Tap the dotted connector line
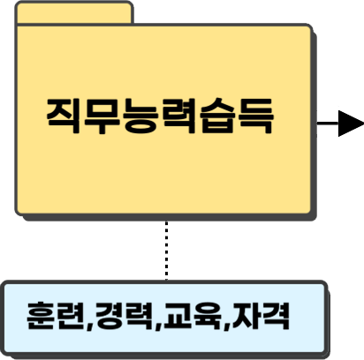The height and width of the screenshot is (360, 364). point(166,251)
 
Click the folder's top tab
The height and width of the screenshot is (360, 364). point(74,12)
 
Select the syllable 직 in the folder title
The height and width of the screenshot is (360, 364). point(63,116)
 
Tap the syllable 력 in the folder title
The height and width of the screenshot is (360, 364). point(178,116)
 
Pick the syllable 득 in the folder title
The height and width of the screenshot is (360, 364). point(255,116)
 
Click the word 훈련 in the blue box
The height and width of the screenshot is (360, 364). point(57,316)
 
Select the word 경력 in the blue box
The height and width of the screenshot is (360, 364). point(125,316)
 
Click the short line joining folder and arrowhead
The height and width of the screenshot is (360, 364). point(328,124)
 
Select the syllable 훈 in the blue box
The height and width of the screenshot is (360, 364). point(42,316)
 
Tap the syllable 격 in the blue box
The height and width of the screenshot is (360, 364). point(276,316)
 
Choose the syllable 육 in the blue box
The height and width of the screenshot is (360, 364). point(207,316)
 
